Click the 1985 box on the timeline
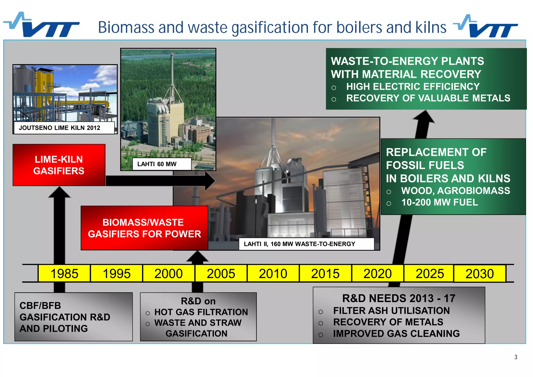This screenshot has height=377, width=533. [64, 273]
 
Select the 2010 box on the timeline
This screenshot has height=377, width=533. [273, 273]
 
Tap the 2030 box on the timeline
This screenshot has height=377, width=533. [480, 273]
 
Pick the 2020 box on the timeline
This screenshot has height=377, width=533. [377, 273]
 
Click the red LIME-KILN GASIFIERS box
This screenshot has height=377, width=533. [59, 165]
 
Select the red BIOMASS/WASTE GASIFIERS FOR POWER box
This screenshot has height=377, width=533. [144, 228]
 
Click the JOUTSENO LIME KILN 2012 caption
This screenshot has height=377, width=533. [60, 128]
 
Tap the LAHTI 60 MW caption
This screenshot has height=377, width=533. [157, 164]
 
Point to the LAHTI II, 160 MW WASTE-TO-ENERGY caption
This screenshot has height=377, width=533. [299, 244]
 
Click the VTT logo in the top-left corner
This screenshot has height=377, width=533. [42, 26]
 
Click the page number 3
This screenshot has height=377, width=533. [516, 357]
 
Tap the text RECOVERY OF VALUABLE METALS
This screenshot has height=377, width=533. [428, 98]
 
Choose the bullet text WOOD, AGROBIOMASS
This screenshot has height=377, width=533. [455, 191]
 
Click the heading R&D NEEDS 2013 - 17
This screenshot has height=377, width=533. [399, 298]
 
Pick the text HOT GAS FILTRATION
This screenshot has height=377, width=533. [201, 312]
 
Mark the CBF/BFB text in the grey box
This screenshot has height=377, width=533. [40, 305]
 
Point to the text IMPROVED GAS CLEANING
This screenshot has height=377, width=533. [396, 334]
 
